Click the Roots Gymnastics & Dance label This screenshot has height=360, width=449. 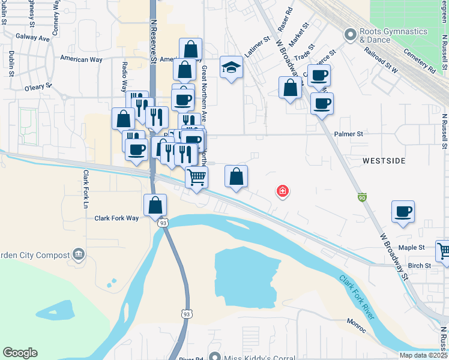(x=375, y=36)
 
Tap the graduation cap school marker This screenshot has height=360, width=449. (x=231, y=68)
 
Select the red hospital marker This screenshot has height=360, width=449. (x=282, y=192)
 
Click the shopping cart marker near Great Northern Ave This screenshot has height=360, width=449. (x=197, y=178)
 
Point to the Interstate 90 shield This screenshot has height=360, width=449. (x=361, y=197)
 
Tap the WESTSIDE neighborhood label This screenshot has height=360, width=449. (x=384, y=161)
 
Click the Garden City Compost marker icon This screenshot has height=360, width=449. (x=78, y=254)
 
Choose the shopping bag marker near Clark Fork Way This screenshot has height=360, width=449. (x=155, y=205)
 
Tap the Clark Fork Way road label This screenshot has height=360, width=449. (x=116, y=218)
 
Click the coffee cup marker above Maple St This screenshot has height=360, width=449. (x=403, y=211)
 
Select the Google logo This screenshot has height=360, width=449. (x=20, y=353)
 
